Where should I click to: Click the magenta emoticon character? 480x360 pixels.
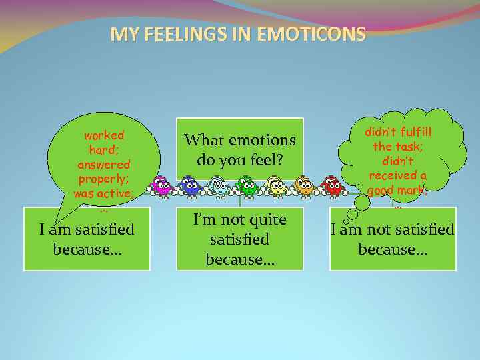pos(161,185)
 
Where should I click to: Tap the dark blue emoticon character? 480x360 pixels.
pos(189,185)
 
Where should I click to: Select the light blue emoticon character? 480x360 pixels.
pos(218,185)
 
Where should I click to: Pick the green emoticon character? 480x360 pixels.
pos(247,185)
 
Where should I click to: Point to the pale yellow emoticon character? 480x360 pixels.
pos(275,185)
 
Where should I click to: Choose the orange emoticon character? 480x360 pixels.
pos(304,185)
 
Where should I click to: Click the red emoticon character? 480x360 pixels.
pos(331,185)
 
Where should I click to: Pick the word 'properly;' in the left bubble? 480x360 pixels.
pos(103,179)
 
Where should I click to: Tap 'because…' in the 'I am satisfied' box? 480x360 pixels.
pos(86,249)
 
